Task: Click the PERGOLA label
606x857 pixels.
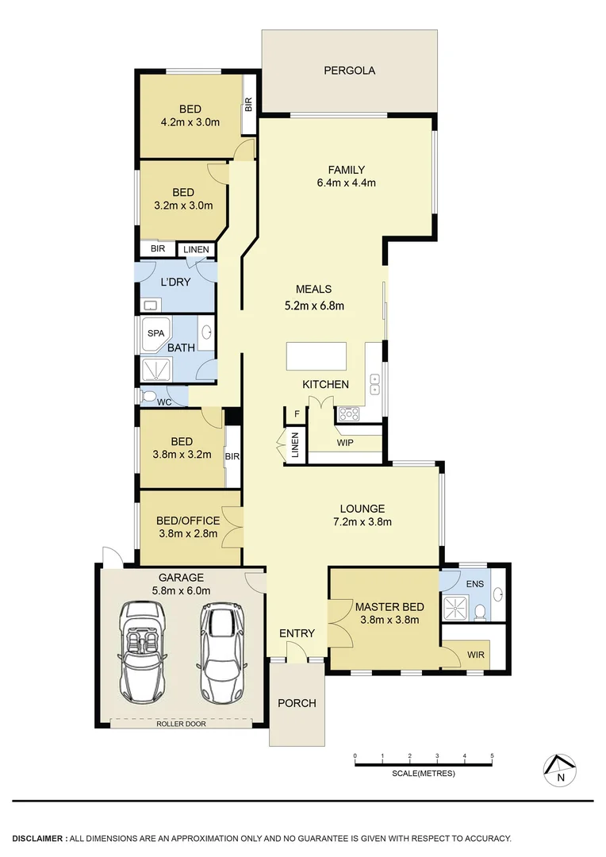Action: [x=349, y=71]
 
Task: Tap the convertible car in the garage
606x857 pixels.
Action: [x=144, y=651]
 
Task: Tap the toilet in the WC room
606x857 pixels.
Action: [x=149, y=396]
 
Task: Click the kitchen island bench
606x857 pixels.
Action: [x=316, y=355]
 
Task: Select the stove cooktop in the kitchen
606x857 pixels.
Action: [x=349, y=413]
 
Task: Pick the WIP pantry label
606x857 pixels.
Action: [x=345, y=441]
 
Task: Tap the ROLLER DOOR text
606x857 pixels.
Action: [x=181, y=724]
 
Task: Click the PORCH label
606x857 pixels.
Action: [x=296, y=703]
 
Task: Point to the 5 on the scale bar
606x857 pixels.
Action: [x=493, y=755]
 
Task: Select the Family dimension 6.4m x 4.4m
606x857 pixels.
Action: [x=347, y=183]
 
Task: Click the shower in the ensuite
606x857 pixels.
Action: [x=456, y=605]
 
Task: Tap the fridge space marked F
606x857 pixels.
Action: [x=297, y=414]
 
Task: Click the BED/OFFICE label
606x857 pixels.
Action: [x=187, y=521]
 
